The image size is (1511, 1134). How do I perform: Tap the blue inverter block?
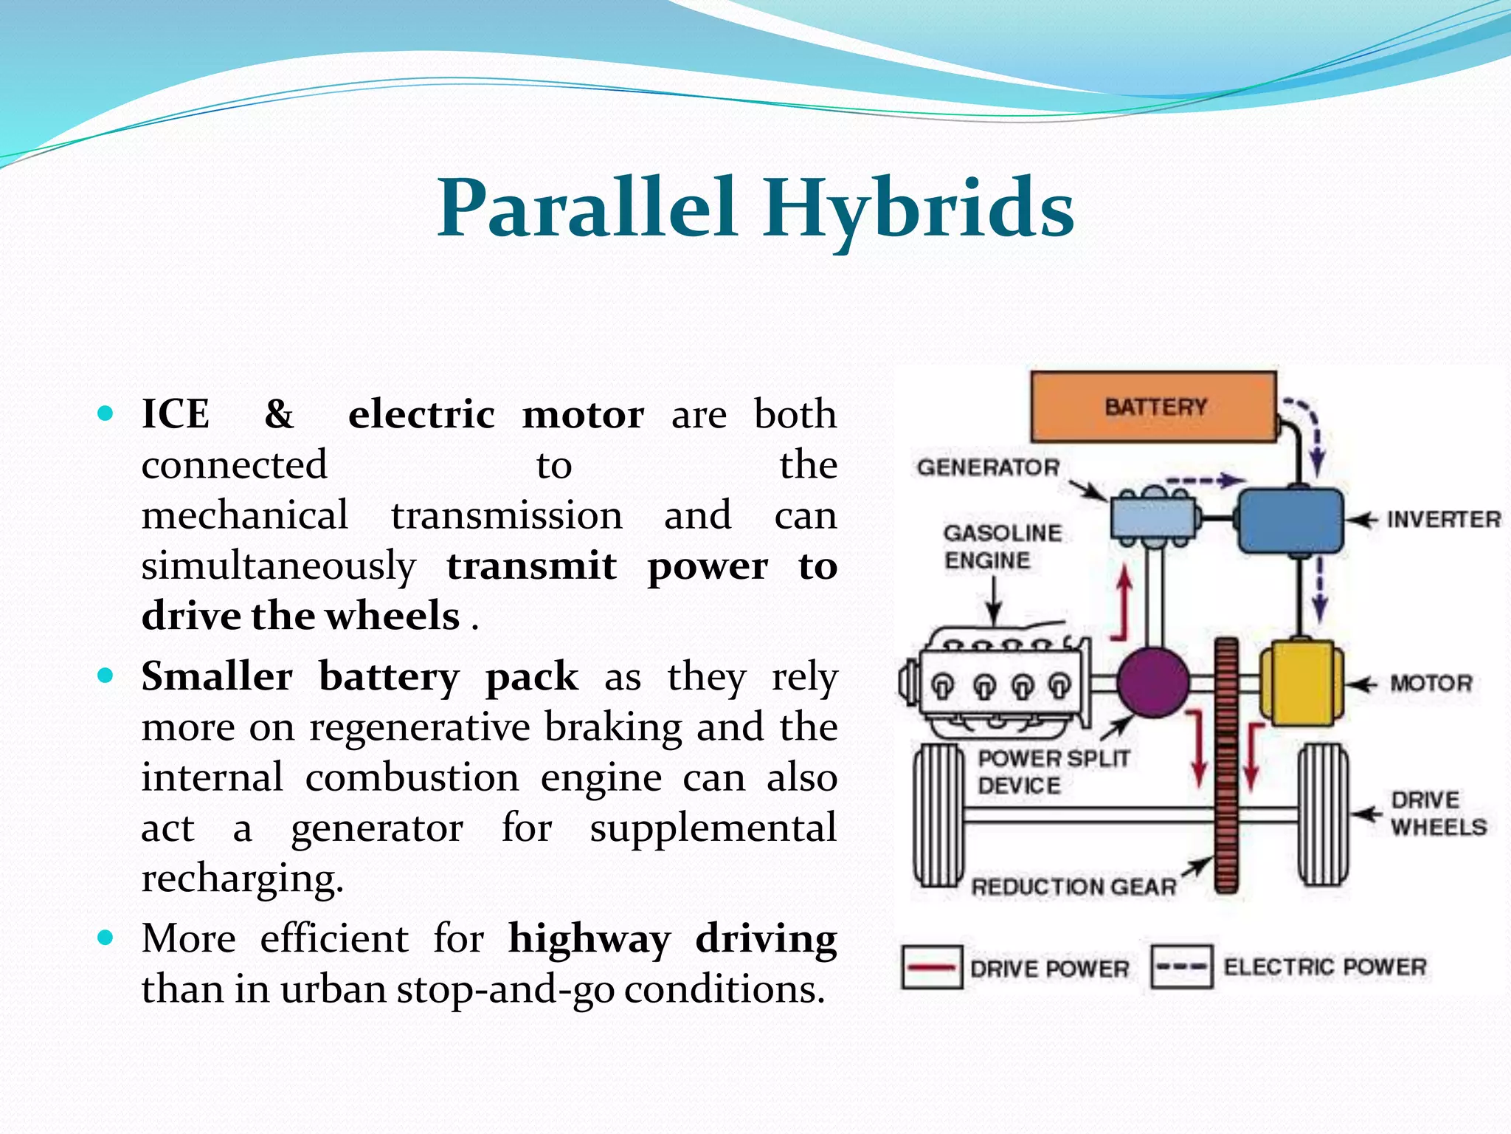(x=1290, y=520)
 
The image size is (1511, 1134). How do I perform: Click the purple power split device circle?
(x=1152, y=683)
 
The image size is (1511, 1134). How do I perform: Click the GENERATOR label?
(x=988, y=467)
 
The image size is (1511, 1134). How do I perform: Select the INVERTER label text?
(x=1443, y=520)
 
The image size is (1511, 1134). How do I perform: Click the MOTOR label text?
(x=1431, y=684)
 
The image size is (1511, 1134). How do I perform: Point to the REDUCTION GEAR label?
(x=1073, y=887)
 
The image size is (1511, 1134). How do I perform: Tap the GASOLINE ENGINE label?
(x=1002, y=546)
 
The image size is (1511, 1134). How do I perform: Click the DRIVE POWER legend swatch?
(x=932, y=967)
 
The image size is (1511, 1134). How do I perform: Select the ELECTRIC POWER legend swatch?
(x=1181, y=967)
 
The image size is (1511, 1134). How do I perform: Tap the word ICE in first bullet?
(x=176, y=414)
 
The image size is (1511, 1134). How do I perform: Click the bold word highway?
(x=589, y=939)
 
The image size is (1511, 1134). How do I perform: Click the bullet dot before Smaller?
(x=106, y=675)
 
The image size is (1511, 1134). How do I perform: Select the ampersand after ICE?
(x=279, y=414)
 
